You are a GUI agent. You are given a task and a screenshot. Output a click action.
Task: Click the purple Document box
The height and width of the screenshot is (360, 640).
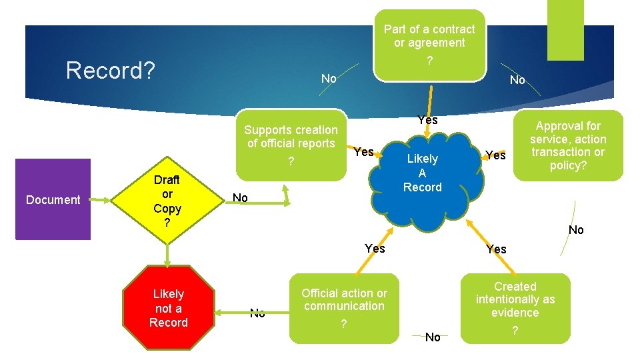[x=53, y=199]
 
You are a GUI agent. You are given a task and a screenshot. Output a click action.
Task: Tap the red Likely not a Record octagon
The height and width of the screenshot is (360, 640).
[x=168, y=308]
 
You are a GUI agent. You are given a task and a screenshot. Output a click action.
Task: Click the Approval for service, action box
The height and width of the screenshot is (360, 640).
[x=568, y=146]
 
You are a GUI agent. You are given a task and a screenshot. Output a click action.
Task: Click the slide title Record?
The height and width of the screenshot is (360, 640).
[x=111, y=70]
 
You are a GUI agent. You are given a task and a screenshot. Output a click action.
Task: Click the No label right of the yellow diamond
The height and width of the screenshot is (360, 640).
[x=240, y=198]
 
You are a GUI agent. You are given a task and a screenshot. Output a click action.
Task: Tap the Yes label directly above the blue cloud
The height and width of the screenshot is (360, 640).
[x=427, y=120]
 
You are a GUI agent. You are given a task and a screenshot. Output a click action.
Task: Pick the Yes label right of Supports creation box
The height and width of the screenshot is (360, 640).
[x=363, y=151]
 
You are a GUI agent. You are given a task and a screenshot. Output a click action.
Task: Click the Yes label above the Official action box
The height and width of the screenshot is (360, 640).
[x=375, y=248]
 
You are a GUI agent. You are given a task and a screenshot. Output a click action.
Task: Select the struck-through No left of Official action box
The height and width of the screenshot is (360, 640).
[x=257, y=312]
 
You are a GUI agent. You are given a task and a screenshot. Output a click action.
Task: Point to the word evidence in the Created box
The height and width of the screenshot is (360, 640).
[x=515, y=313]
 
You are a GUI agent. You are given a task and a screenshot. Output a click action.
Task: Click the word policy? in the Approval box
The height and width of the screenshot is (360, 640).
[x=568, y=165]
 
